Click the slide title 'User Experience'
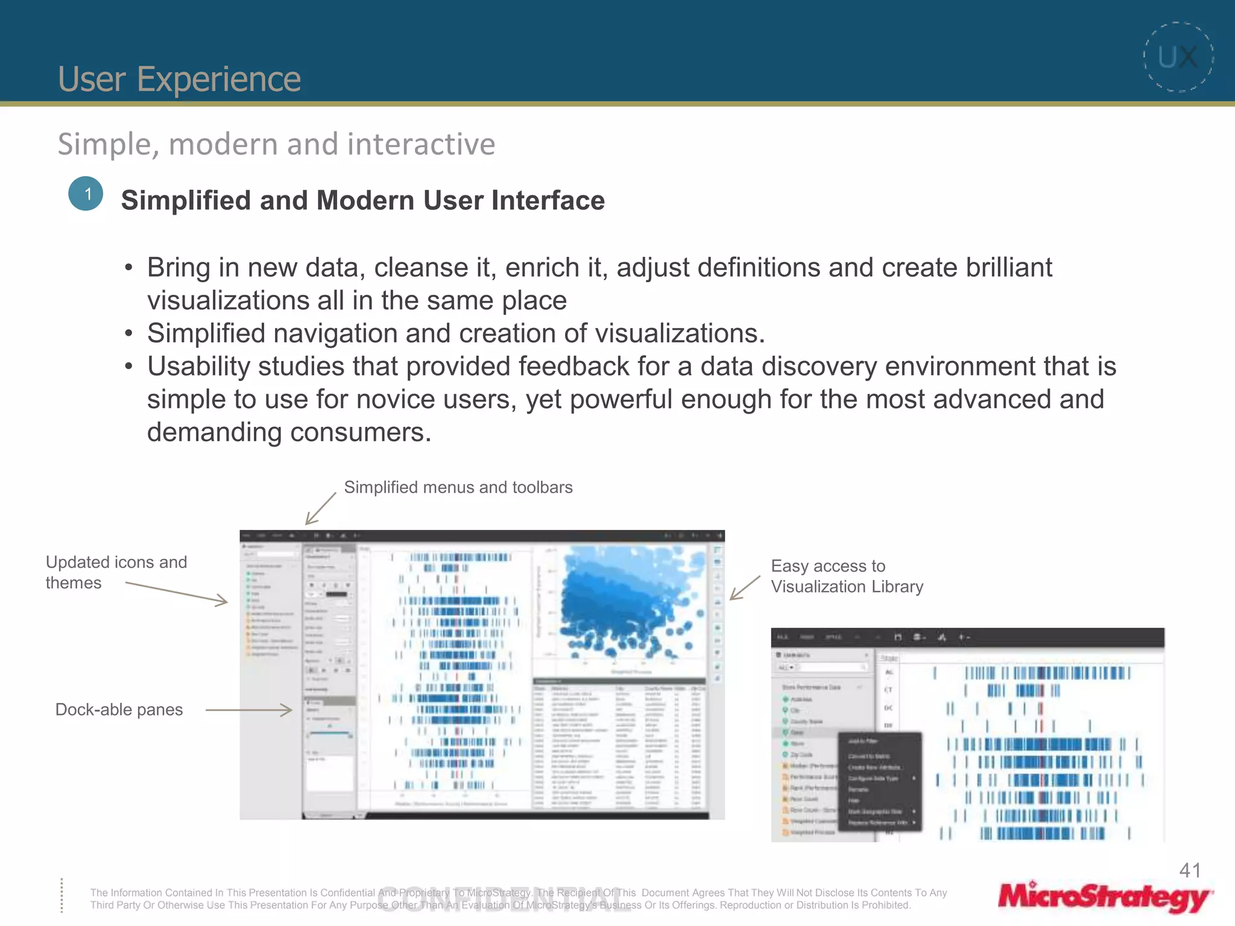click(x=179, y=79)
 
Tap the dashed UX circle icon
click(x=1178, y=57)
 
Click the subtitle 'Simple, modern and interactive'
click(x=276, y=144)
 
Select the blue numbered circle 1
click(x=86, y=194)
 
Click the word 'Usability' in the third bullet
click(x=203, y=367)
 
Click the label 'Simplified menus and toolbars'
click(x=458, y=487)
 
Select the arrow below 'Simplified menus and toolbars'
click(x=320, y=509)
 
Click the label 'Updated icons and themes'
click(x=116, y=572)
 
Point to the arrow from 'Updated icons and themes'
click(x=177, y=592)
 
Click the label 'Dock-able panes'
click(x=119, y=710)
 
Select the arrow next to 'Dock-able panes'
click(x=248, y=710)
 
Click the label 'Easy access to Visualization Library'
click(x=846, y=576)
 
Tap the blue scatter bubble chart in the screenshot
click(x=627, y=603)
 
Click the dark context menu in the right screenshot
click(x=880, y=781)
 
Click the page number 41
click(x=1190, y=870)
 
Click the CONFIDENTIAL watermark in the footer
click(x=504, y=899)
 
